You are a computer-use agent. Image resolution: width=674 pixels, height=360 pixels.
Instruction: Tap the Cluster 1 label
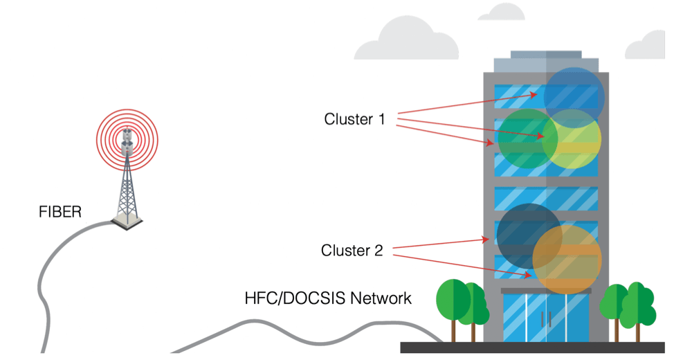click(x=354, y=119)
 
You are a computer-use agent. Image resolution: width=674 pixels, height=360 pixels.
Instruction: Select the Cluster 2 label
click(x=352, y=250)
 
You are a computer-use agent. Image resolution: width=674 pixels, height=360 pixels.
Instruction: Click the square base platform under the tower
click(x=128, y=222)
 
